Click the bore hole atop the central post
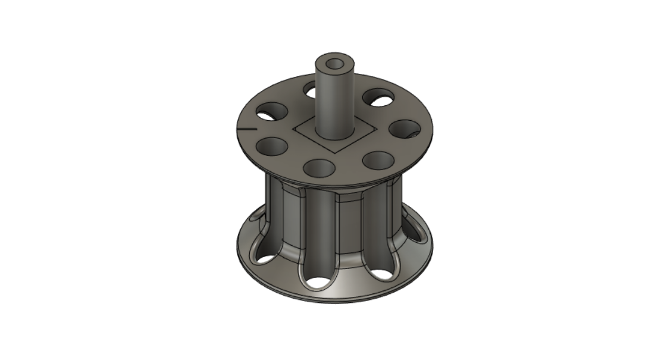click(333, 62)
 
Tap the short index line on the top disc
click(246, 128)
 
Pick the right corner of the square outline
click(374, 127)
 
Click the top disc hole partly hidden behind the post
click(311, 90)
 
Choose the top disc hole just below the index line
click(272, 145)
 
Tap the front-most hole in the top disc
click(320, 167)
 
